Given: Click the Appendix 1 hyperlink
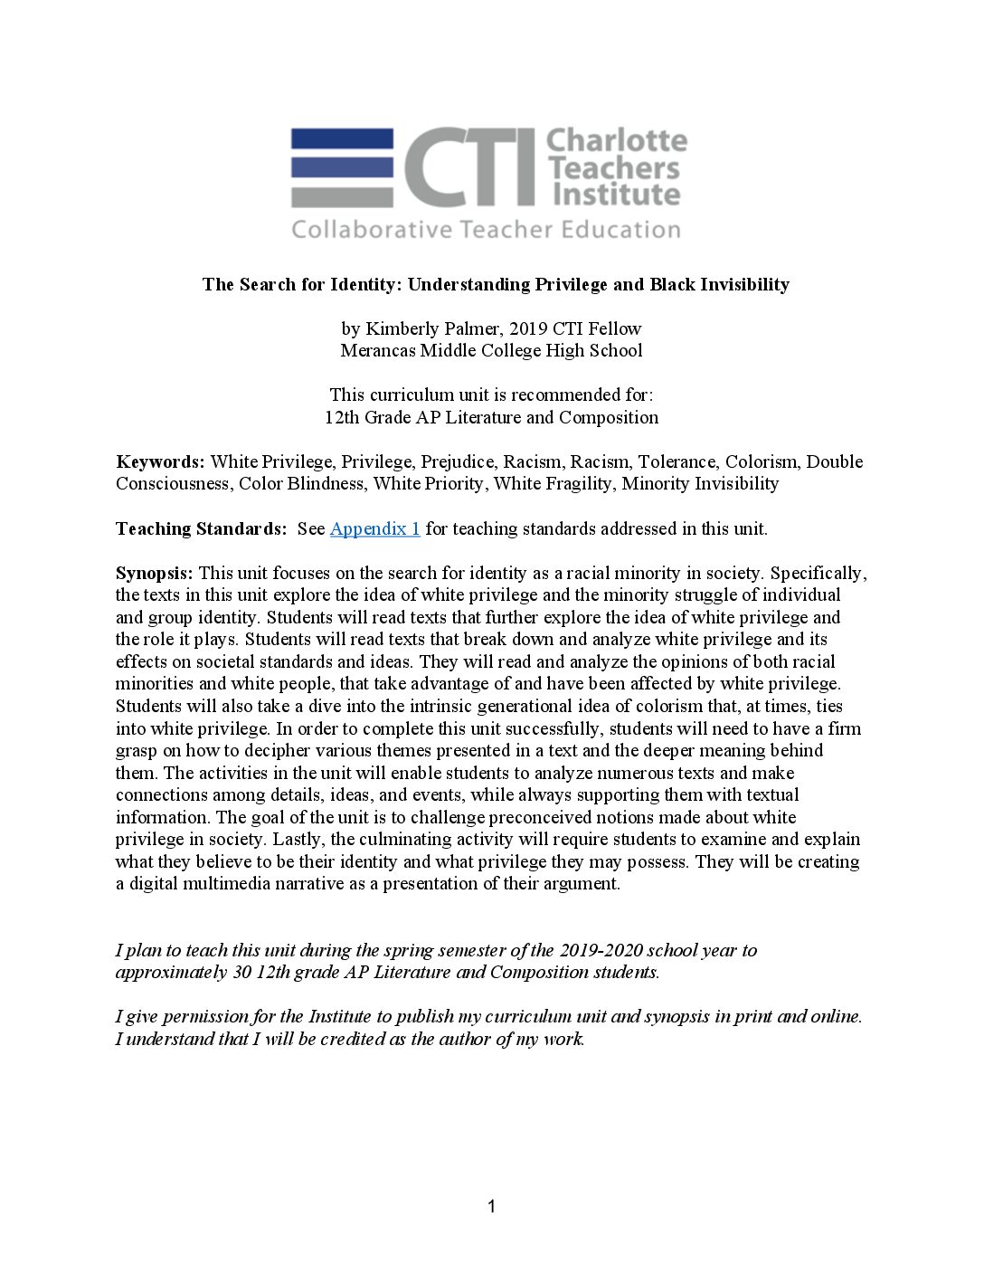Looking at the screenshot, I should [374, 529].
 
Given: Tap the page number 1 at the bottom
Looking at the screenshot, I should [491, 1206].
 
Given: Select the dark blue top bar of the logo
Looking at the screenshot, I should [342, 139].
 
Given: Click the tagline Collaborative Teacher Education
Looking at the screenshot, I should [486, 230].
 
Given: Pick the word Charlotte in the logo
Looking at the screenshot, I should [617, 141].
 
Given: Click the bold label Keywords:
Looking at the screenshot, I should [160, 462].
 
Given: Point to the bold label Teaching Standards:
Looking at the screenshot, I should [201, 529].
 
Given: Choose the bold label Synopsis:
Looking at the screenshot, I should [154, 574].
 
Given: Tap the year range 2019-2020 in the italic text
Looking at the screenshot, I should [600, 951].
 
